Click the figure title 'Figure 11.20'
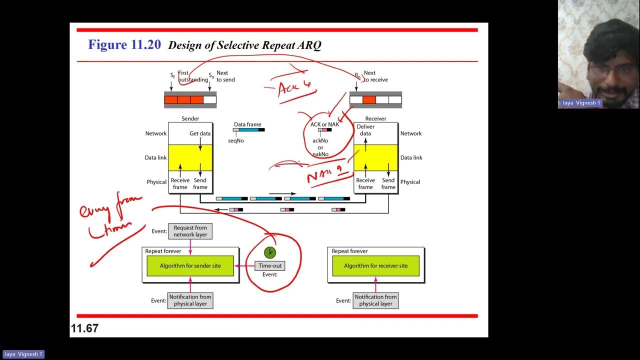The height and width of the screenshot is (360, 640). click(x=124, y=45)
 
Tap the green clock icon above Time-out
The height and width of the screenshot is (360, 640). click(x=270, y=252)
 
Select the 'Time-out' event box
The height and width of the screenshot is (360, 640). click(x=270, y=266)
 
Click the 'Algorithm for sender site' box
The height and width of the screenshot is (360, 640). click(x=190, y=266)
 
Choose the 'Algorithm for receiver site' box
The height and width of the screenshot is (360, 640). click(x=375, y=266)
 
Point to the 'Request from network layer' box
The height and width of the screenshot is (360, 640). click(x=190, y=231)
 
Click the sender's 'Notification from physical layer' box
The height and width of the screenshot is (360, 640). click(x=190, y=300)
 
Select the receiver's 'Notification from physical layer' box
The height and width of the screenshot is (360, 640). click(x=375, y=300)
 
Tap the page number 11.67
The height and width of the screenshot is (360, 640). click(x=85, y=328)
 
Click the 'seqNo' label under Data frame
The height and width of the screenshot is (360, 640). click(x=236, y=141)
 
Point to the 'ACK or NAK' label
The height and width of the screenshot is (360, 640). click(x=324, y=124)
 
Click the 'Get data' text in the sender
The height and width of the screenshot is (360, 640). click(x=200, y=133)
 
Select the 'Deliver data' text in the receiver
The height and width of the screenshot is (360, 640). click(x=365, y=130)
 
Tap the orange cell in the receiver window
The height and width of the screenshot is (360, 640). click(x=369, y=100)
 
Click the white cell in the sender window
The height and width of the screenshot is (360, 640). click(x=210, y=100)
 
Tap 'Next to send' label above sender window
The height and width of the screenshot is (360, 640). click(x=225, y=76)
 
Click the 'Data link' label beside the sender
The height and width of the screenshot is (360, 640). click(x=155, y=157)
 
